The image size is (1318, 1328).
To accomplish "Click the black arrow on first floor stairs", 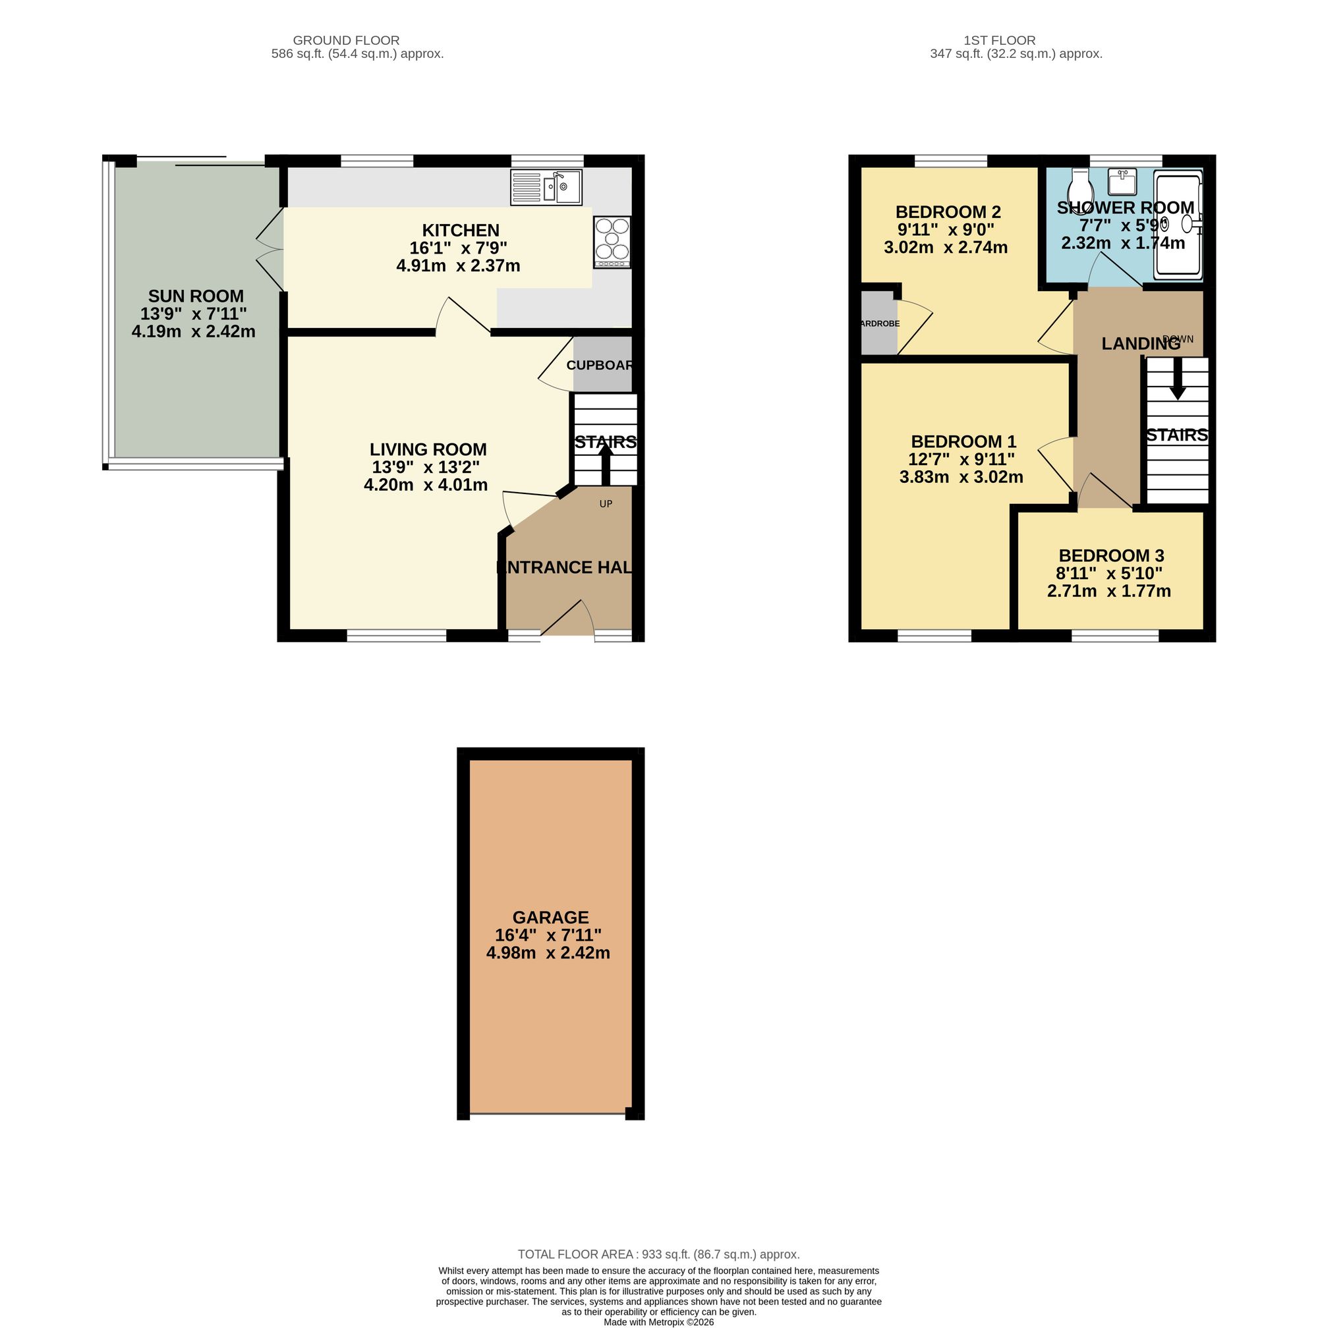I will coord(1177,381).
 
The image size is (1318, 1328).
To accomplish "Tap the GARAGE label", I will coord(550,917).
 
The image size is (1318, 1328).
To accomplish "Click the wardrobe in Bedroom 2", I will coord(878,323).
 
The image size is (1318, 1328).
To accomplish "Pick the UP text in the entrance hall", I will coord(605,504).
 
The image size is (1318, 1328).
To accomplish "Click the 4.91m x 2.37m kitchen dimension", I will coord(458,265).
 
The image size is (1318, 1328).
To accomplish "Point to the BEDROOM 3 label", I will coord(1110,555).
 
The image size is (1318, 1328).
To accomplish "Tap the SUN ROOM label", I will coord(196,296).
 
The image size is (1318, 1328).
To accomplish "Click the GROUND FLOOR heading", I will coord(346,41).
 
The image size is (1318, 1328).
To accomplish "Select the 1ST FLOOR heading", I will coord(999,41).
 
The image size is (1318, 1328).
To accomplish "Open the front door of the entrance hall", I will coord(568,619).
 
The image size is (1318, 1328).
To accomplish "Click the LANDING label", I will coord(1140,344).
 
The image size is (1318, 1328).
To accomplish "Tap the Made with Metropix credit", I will coord(658,1322).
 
